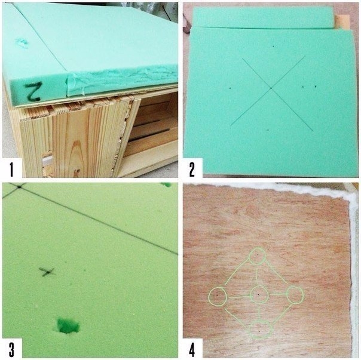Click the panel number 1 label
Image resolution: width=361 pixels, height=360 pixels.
click(11, 169)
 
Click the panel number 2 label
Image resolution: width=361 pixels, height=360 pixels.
click(192, 169)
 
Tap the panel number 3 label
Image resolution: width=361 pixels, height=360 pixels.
click(11, 349)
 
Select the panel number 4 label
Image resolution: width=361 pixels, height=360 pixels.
click(192, 349)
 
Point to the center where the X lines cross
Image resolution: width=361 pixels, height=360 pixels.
click(271, 88)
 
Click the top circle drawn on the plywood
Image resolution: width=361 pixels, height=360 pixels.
click(258, 256)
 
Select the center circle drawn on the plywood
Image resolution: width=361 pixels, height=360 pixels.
click(259, 295)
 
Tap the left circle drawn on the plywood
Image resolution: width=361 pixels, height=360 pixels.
click(218, 297)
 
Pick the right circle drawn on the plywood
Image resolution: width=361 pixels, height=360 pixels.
click(295, 295)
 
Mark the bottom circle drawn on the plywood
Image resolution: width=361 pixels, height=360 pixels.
click(261, 330)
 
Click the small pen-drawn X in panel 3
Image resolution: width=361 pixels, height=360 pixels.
click(47, 272)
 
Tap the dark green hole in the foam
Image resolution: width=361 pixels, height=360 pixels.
click(68, 326)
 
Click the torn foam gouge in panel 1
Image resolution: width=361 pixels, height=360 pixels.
click(22, 43)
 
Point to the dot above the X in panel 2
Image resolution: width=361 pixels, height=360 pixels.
click(273, 46)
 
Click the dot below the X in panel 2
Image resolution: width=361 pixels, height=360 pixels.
click(268, 130)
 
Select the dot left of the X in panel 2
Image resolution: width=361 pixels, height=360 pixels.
click(230, 88)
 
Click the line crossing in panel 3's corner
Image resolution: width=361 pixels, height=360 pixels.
click(19, 187)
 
